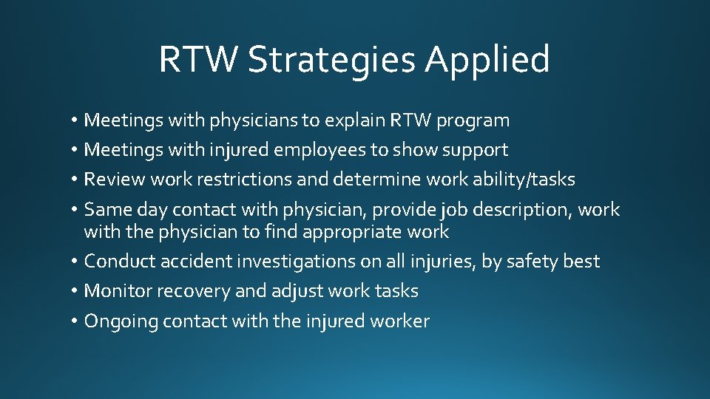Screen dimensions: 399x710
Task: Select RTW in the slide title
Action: point(198,60)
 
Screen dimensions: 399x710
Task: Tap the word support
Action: point(475,150)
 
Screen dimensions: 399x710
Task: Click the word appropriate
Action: point(348,232)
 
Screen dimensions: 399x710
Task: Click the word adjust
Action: point(284,291)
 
